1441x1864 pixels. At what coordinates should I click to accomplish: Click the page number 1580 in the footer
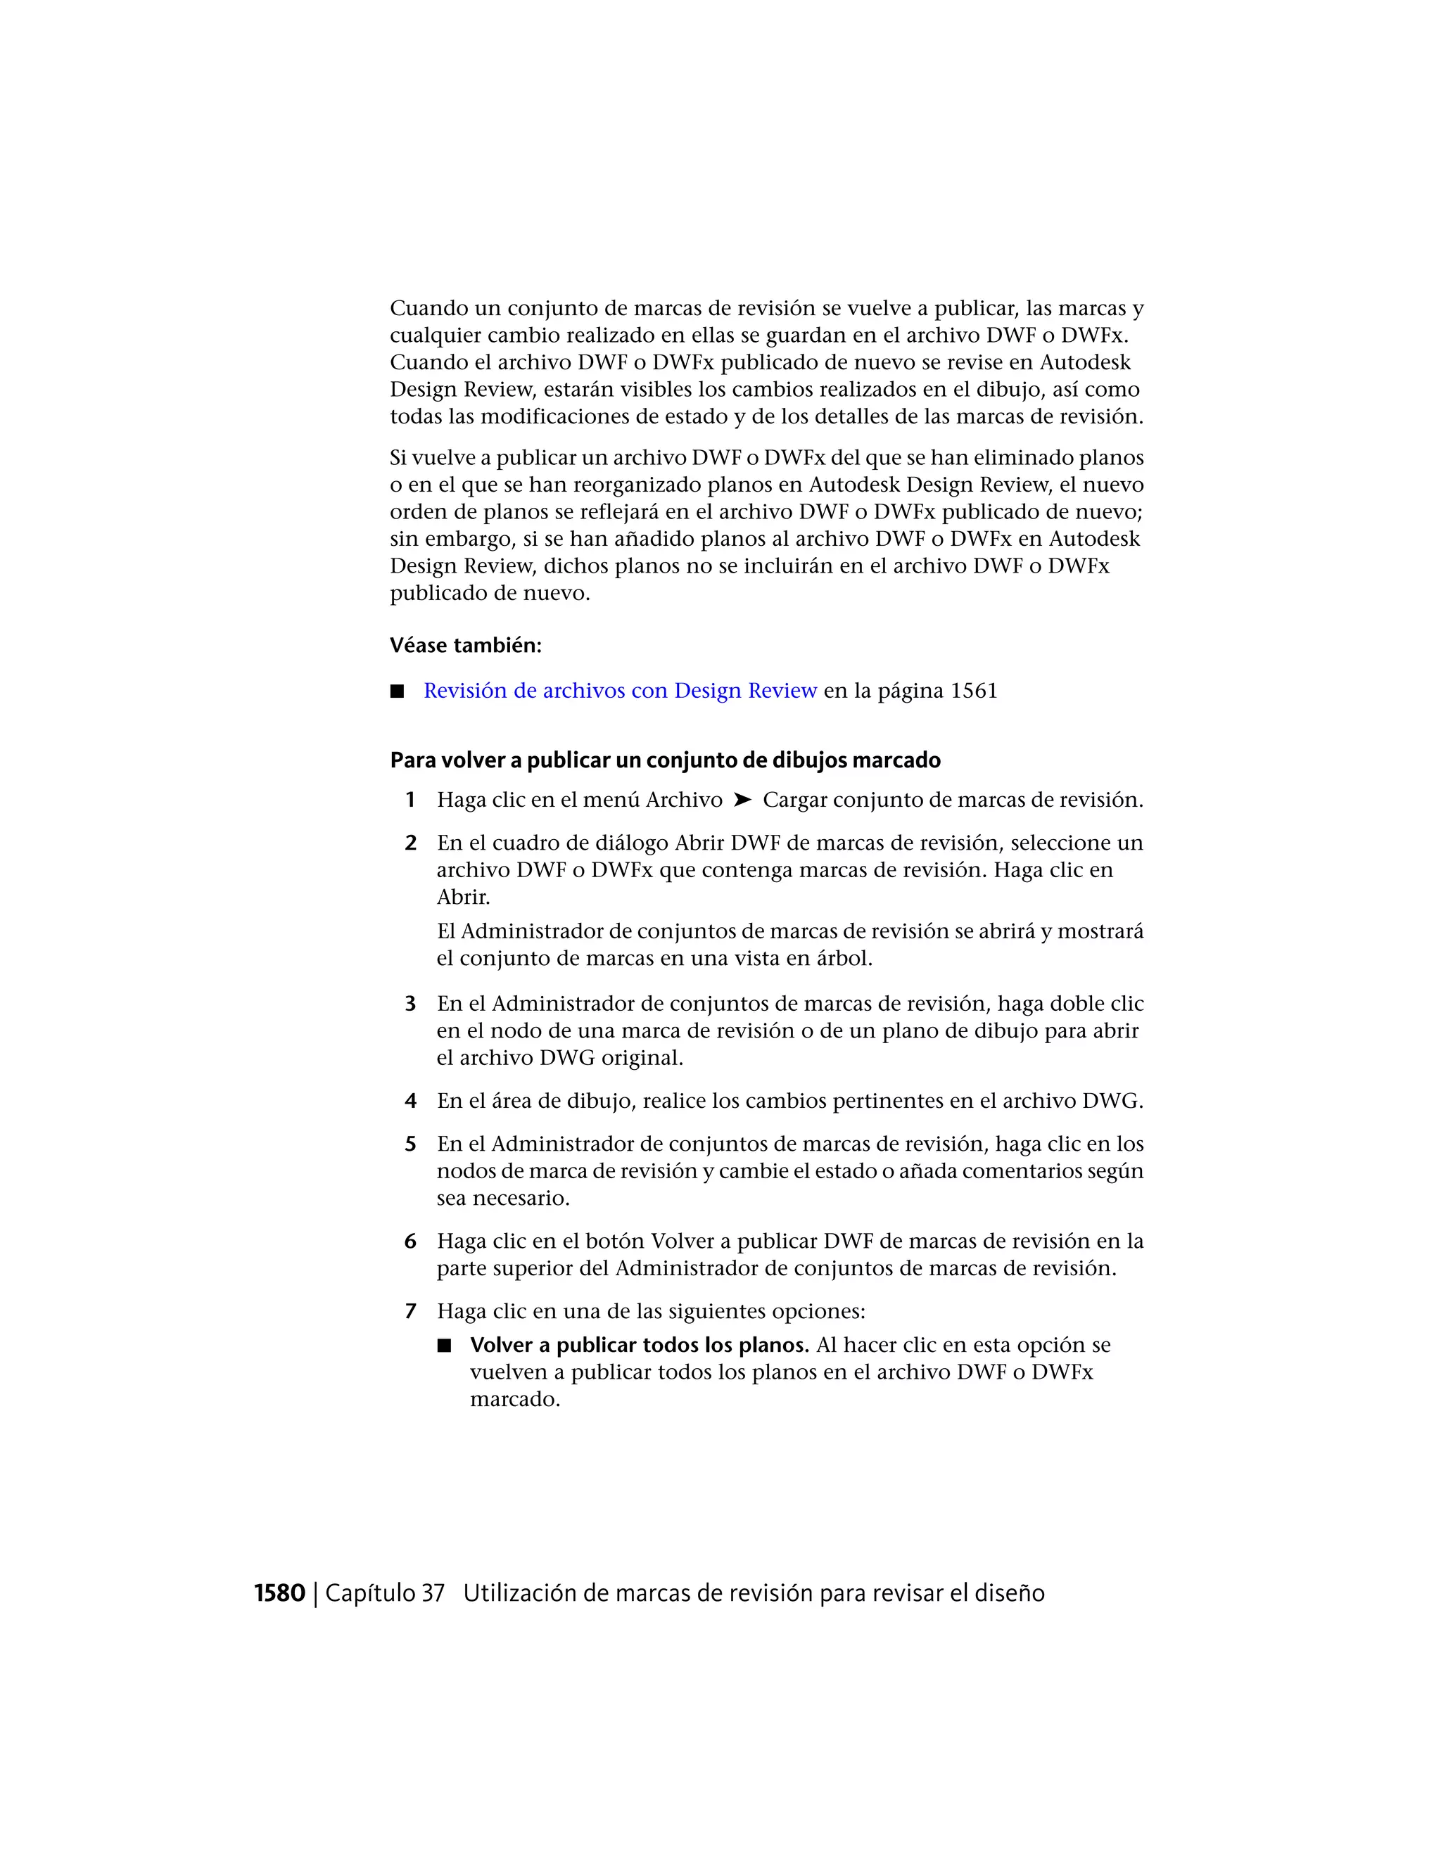pyautogui.click(x=279, y=1593)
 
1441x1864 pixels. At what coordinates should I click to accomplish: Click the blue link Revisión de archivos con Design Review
pyautogui.click(x=620, y=691)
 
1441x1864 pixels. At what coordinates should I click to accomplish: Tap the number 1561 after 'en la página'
pyautogui.click(x=973, y=691)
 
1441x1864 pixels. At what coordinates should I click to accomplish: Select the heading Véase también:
pyautogui.click(x=465, y=645)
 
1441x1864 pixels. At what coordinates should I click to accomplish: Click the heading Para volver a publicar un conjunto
pyautogui.click(x=665, y=760)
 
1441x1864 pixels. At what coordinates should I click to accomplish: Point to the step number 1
pyautogui.click(x=410, y=800)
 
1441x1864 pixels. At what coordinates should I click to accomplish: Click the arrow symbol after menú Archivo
pyautogui.click(x=743, y=800)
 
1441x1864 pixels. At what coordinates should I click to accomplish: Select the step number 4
pyautogui.click(x=410, y=1101)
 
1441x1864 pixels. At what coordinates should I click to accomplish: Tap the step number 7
pyautogui.click(x=410, y=1311)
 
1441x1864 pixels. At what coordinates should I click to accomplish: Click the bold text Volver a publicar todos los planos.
pyautogui.click(x=639, y=1345)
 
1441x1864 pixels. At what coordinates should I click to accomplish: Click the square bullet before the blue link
pyautogui.click(x=397, y=691)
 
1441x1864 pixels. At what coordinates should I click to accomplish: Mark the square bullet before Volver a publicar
pyautogui.click(x=443, y=1346)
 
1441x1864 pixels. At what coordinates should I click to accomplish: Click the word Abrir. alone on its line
pyautogui.click(x=464, y=897)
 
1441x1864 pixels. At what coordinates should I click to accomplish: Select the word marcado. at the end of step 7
pyautogui.click(x=515, y=1400)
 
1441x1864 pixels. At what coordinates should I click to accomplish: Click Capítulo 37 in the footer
pyautogui.click(x=385, y=1593)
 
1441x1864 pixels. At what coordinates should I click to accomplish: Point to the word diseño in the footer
pyautogui.click(x=1008, y=1593)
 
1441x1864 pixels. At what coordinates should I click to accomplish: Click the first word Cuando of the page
pyautogui.click(x=429, y=308)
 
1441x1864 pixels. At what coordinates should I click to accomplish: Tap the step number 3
pyautogui.click(x=410, y=1004)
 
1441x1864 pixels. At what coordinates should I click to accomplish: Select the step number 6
pyautogui.click(x=410, y=1241)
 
